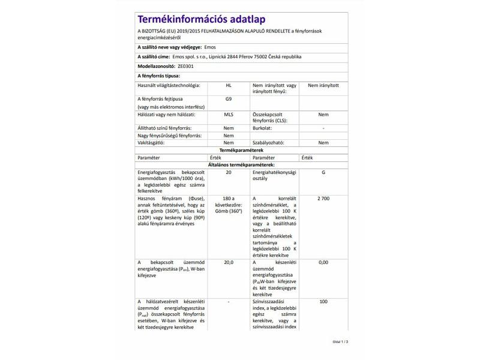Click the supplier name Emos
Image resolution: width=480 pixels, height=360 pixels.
tap(210, 47)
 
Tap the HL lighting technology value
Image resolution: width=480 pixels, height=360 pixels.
tap(228, 86)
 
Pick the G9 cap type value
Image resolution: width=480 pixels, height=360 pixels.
tap(228, 99)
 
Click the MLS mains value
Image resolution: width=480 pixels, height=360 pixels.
tap(228, 114)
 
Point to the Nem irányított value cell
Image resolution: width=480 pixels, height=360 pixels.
tap(323, 86)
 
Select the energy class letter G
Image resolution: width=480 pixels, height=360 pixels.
tap(323, 172)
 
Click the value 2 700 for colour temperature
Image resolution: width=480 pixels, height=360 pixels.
tap(323, 199)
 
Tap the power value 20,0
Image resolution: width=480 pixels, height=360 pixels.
tap(228, 262)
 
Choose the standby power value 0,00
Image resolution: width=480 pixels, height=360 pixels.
tap(323, 262)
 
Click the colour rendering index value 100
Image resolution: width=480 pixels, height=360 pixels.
tap(323, 301)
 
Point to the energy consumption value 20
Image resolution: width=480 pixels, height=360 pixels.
tap(228, 172)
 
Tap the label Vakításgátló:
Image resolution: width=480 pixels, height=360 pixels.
tap(153, 143)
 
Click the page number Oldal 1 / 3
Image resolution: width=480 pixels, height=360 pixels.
tap(340, 342)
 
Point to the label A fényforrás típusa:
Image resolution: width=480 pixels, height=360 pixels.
tap(158, 76)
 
